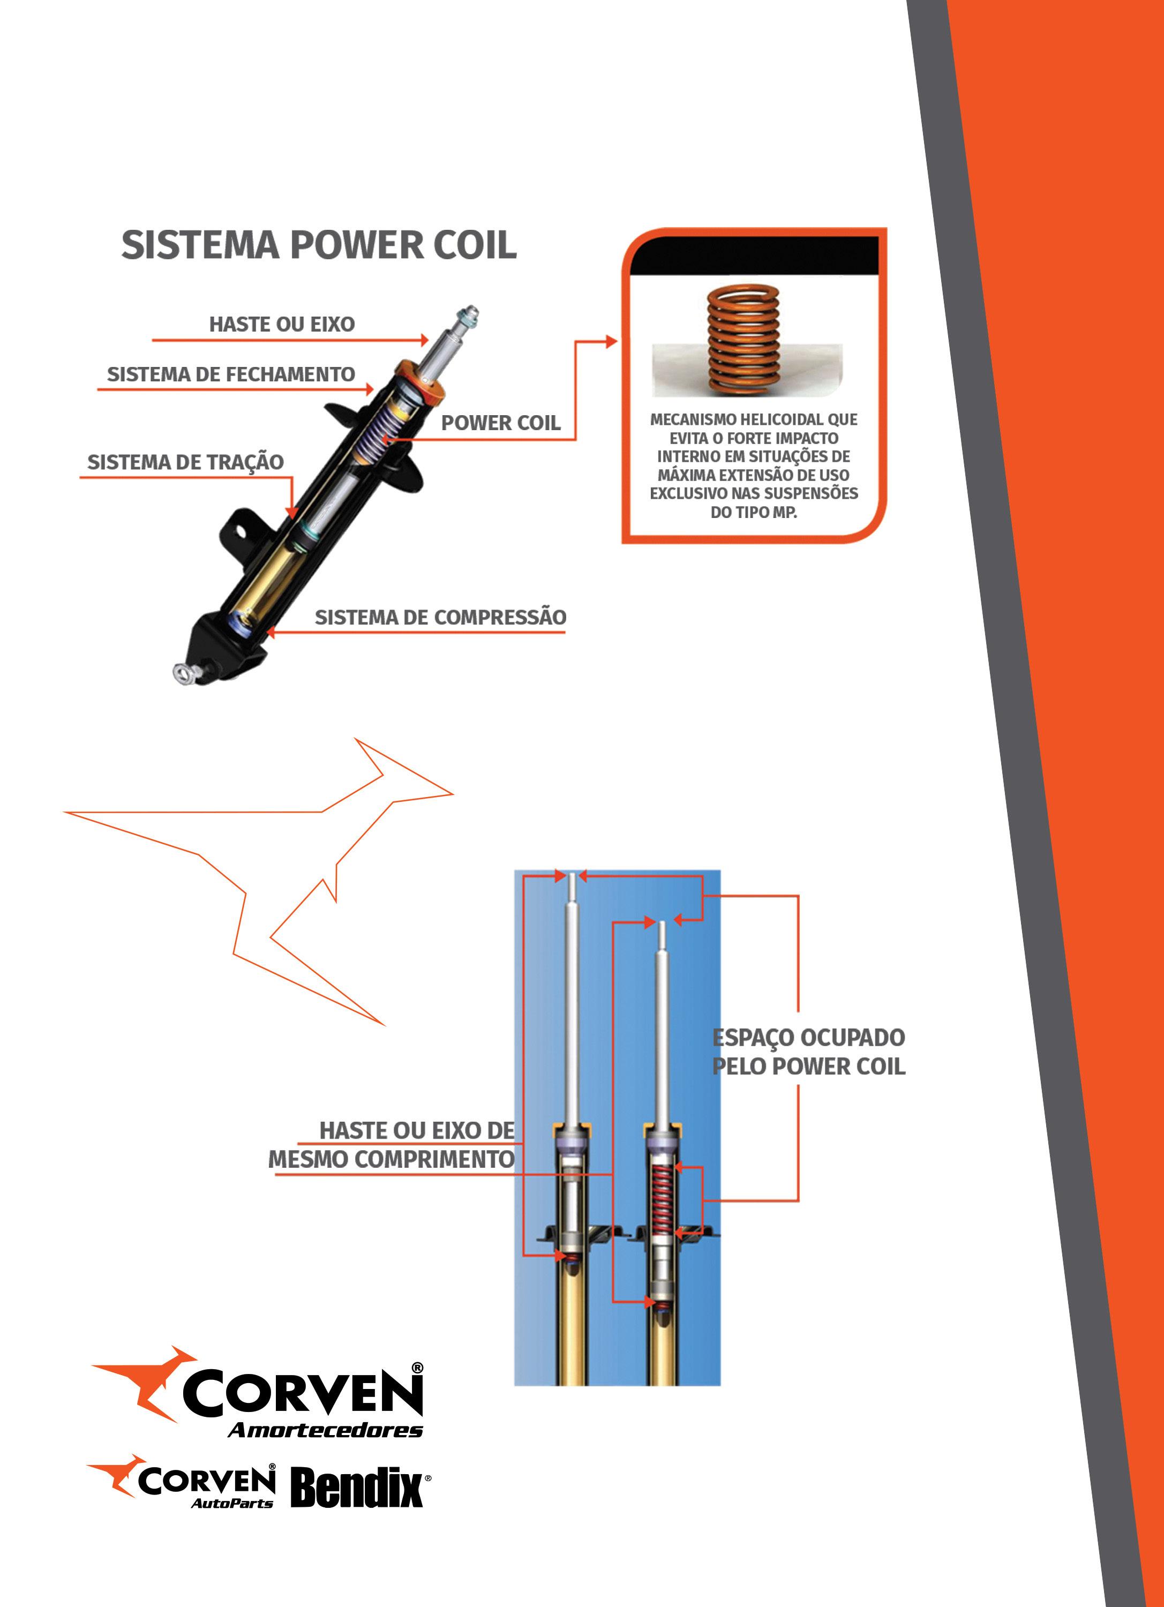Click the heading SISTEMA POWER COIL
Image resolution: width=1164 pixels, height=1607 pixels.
click(319, 245)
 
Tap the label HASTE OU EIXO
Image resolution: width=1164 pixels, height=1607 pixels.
click(281, 325)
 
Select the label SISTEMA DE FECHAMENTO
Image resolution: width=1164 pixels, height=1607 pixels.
click(230, 374)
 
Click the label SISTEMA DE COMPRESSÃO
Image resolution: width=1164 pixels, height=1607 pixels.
click(440, 617)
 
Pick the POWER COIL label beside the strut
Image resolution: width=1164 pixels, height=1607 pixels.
click(500, 423)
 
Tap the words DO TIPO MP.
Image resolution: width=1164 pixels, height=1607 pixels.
click(754, 512)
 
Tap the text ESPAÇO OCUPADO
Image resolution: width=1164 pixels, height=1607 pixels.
click(808, 1038)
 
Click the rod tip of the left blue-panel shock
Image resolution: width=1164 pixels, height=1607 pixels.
click(573, 878)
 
